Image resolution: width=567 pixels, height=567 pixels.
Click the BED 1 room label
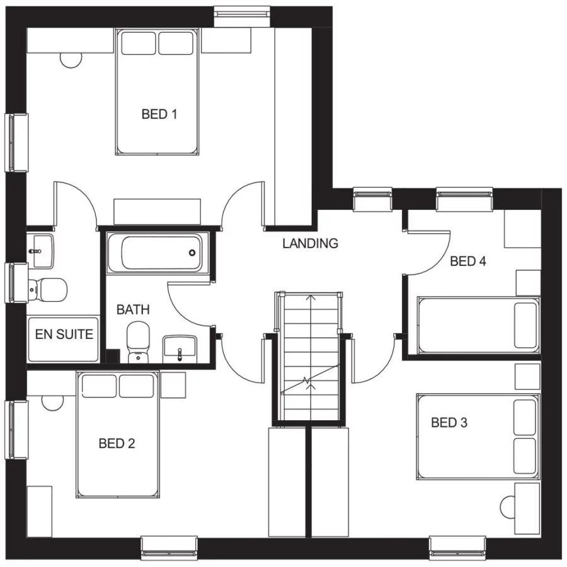point(159,115)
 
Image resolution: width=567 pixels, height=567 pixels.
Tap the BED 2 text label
point(117,444)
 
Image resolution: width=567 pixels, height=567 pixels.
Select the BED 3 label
point(449,423)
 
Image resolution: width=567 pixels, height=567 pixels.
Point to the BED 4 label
point(468,261)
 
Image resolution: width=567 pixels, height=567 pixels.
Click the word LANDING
point(311,243)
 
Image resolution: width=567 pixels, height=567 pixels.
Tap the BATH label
point(133,310)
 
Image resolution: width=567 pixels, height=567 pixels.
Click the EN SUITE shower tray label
point(64,335)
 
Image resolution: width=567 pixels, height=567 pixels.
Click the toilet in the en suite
point(47,289)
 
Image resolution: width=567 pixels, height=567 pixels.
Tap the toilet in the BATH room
point(137,342)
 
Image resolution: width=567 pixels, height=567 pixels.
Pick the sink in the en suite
point(41,248)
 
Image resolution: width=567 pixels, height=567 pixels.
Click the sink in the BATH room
point(180,349)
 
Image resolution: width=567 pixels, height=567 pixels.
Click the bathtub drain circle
point(192,253)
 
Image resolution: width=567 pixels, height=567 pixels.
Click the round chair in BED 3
point(509,507)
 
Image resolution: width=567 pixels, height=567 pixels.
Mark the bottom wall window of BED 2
point(169,547)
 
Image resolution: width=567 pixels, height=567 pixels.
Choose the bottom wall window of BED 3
point(458,547)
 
